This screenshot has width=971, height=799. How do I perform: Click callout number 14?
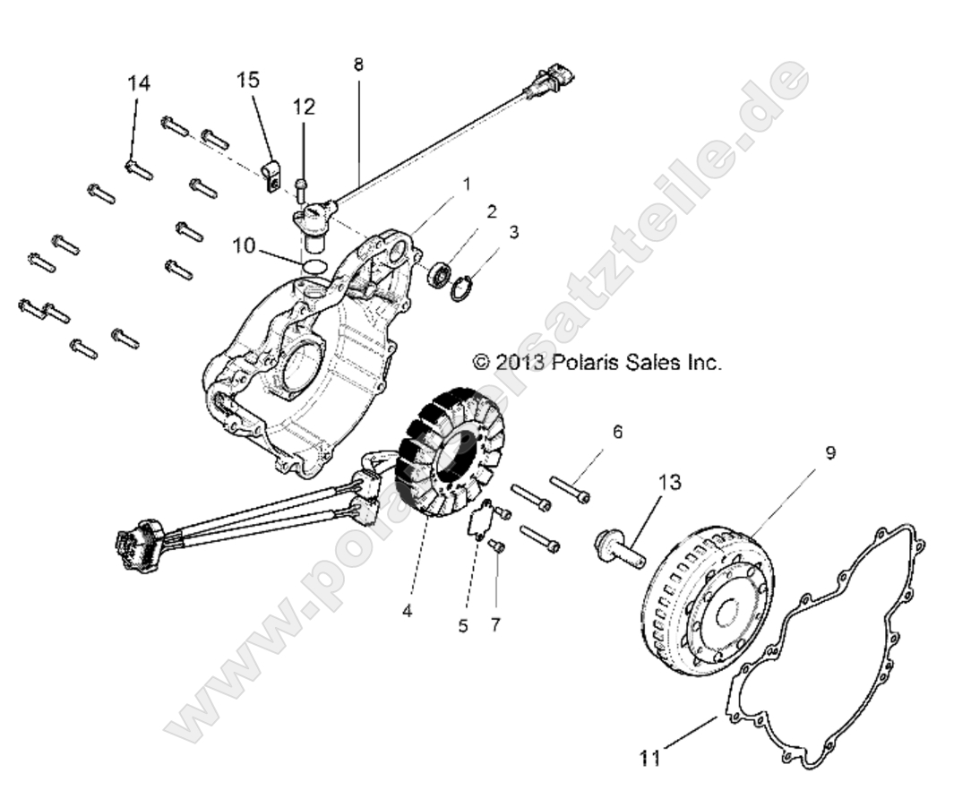(138, 83)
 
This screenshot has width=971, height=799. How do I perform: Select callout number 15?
(248, 80)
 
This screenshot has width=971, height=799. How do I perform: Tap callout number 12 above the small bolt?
(304, 107)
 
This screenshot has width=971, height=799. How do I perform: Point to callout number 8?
(358, 64)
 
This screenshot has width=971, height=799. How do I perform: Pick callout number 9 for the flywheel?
(830, 452)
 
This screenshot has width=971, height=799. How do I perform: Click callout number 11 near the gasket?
(649, 758)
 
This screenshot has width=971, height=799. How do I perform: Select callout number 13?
(669, 483)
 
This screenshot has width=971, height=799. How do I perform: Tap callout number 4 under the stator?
(407, 612)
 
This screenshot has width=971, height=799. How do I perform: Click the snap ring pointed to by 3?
(462, 288)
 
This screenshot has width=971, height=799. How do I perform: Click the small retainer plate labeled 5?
(485, 520)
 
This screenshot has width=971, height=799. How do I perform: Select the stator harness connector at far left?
(135, 544)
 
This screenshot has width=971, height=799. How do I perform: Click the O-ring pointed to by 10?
(314, 266)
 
